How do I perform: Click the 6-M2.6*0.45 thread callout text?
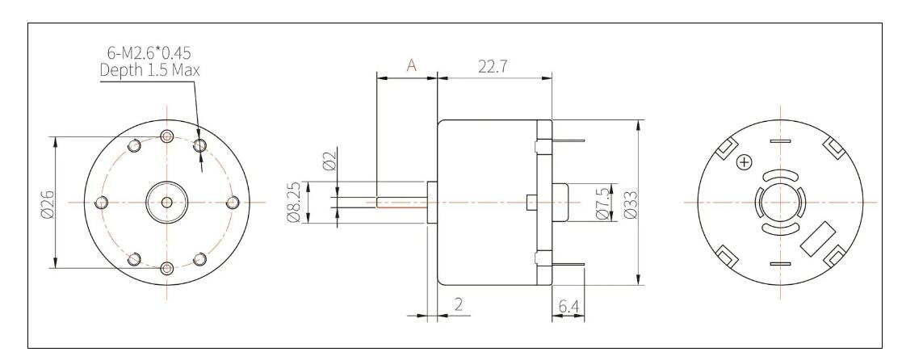(149, 53)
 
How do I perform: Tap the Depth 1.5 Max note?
(149, 70)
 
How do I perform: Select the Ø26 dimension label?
(47, 203)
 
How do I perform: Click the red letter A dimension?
(412, 65)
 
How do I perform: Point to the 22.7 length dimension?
(493, 67)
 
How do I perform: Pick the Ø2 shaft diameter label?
(329, 162)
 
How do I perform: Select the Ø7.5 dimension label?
(603, 203)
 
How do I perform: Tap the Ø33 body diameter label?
(630, 203)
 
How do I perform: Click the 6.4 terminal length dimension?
(568, 307)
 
